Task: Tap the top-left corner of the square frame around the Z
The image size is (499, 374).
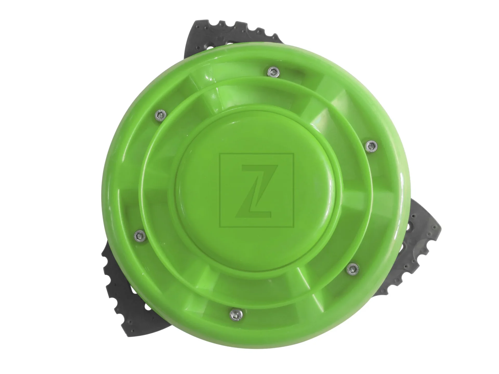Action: coord(220,154)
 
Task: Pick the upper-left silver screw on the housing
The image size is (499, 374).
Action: coord(159,115)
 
